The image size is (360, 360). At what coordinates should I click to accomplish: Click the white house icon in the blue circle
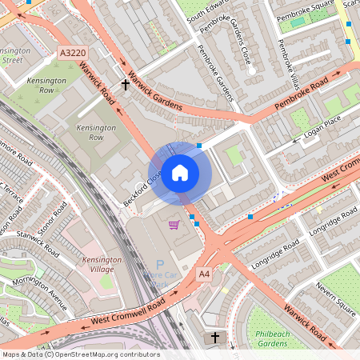click(x=180, y=172)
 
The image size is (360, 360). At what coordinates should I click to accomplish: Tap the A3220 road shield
click(x=72, y=53)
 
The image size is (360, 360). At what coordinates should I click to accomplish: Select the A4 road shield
click(x=205, y=274)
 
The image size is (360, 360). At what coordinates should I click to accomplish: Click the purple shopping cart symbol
click(x=174, y=225)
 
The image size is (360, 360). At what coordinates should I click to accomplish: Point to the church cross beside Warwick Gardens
click(x=126, y=84)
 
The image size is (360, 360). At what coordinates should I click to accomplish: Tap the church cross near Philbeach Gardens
click(x=214, y=338)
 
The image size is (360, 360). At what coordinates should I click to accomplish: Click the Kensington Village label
click(x=103, y=264)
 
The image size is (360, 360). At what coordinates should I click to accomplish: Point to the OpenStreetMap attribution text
click(x=81, y=354)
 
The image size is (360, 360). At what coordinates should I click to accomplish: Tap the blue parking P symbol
click(x=159, y=265)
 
